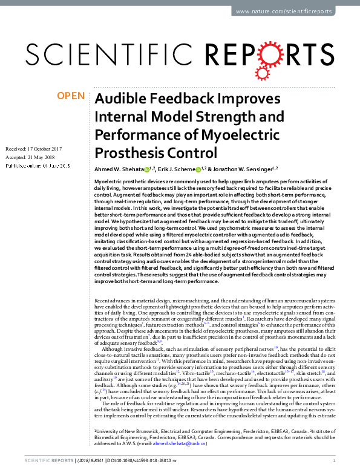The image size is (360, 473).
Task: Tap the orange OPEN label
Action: (70, 96)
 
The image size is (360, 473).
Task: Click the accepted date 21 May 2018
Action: (44, 156)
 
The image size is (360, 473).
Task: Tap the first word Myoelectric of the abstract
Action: (110, 182)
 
